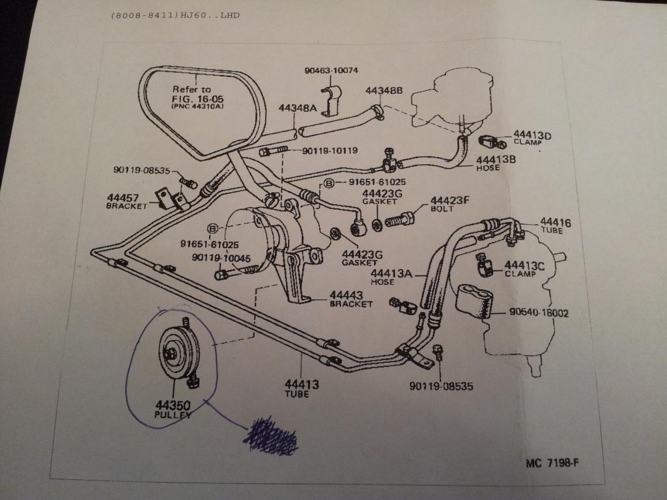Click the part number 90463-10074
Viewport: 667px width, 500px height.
coord(331,70)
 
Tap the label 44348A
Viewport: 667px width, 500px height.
coord(298,107)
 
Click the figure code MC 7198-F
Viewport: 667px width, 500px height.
coord(552,464)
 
